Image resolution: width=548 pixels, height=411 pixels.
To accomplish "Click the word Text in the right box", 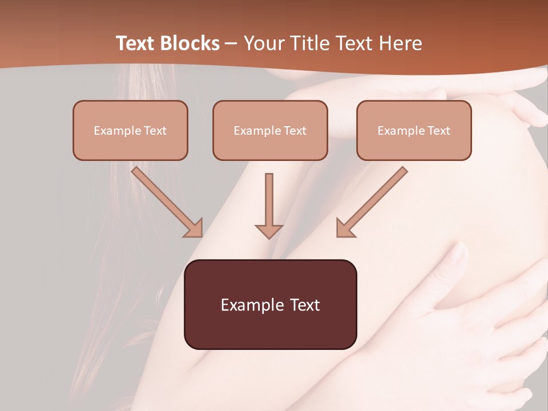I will [438, 131].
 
